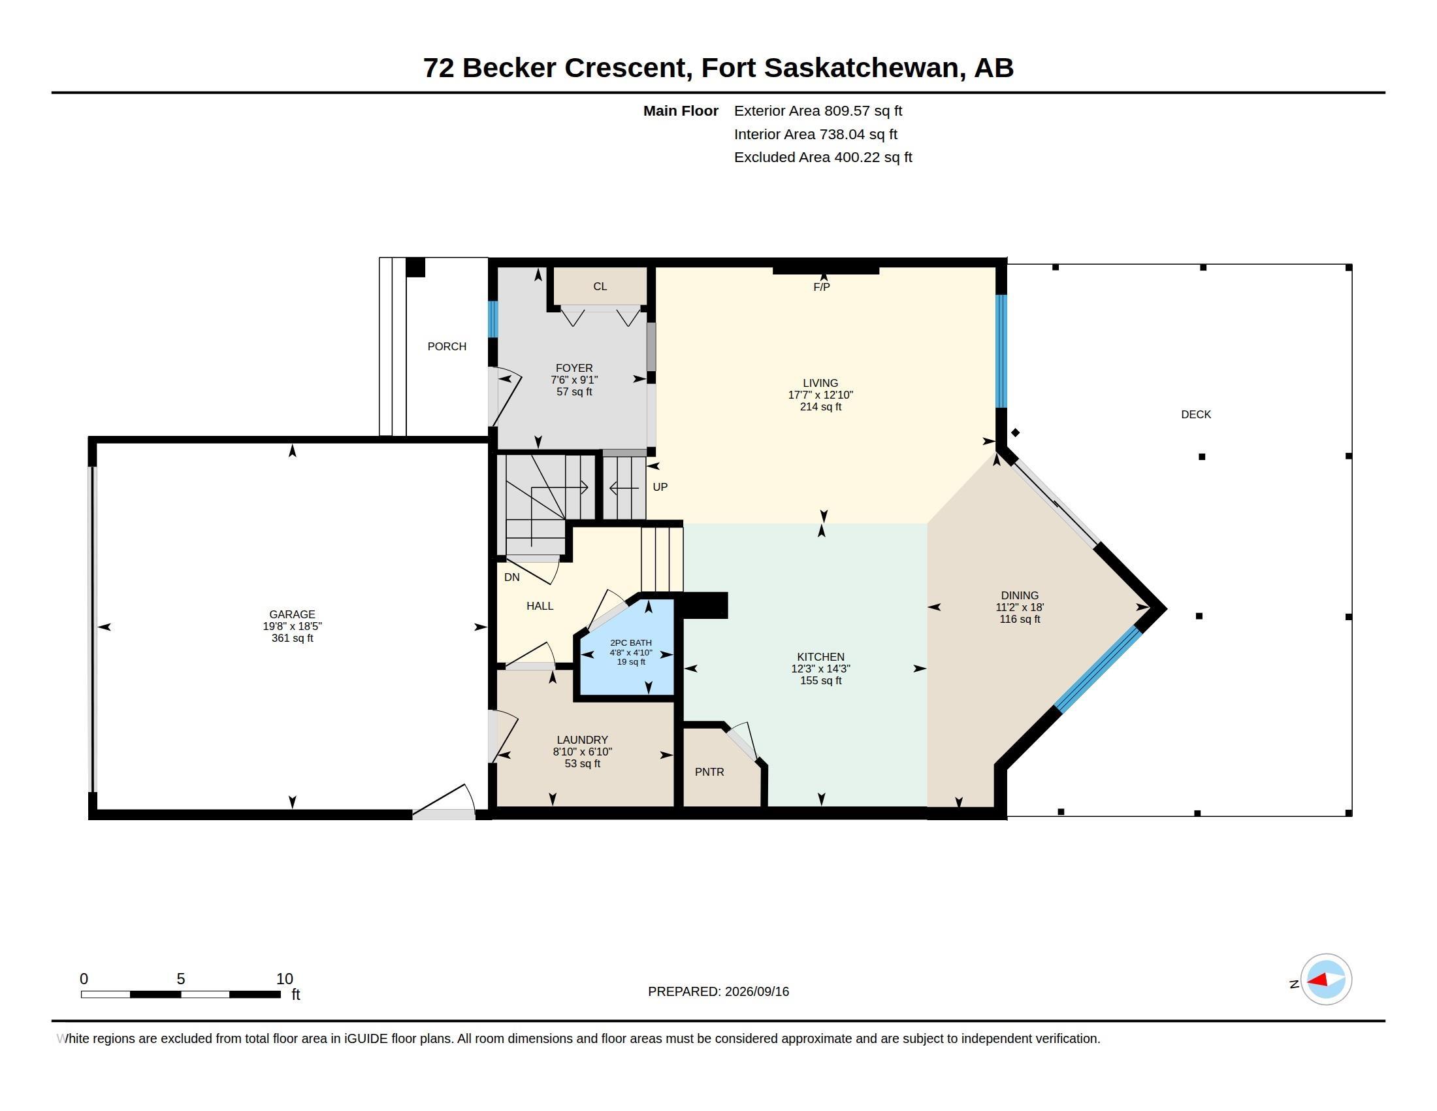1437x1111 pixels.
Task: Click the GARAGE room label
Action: coord(292,614)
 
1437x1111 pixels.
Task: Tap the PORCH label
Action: coord(447,346)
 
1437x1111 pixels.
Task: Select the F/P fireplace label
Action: coord(821,287)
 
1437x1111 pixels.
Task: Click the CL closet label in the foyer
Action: coord(600,286)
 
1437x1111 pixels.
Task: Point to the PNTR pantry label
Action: coord(709,772)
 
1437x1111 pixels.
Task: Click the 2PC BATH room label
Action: coord(631,643)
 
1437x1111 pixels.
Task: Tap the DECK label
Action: coord(1195,414)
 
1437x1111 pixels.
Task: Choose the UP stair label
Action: coord(660,487)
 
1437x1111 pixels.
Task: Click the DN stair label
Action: coord(512,577)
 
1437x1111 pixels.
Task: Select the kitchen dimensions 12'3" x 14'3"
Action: coord(820,669)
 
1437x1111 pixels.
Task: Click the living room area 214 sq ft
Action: coord(820,406)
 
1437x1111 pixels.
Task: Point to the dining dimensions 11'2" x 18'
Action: coord(1020,608)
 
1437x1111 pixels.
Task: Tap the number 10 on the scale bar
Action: coord(284,979)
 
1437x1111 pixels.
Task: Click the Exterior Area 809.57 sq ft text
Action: coord(818,110)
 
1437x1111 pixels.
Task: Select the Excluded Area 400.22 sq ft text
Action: coord(823,158)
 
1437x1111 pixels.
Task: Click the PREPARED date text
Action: coord(718,991)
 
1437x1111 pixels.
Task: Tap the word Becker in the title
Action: coord(509,68)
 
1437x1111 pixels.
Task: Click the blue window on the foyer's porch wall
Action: coord(492,319)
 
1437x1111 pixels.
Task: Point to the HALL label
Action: coord(540,606)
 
